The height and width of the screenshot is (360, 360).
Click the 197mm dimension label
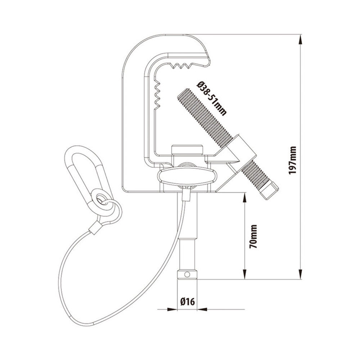pos(293,160)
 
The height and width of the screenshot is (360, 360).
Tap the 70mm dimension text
pos(253,237)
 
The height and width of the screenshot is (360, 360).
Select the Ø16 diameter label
pos(187,301)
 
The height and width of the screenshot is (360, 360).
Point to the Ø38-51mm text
pos(211,99)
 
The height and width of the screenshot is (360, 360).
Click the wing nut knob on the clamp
pos(187,176)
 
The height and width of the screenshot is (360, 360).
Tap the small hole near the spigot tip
pos(187,274)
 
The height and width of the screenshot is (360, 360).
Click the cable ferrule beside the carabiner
pos(95,228)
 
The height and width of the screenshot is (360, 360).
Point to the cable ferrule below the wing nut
pos(186,194)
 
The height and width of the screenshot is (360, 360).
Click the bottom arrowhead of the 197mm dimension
pos(300,274)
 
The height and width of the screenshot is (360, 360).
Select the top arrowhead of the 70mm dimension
pos(245,198)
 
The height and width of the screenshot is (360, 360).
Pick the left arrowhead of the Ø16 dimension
pos(172,310)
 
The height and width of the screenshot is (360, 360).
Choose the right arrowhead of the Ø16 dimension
pos(202,310)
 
